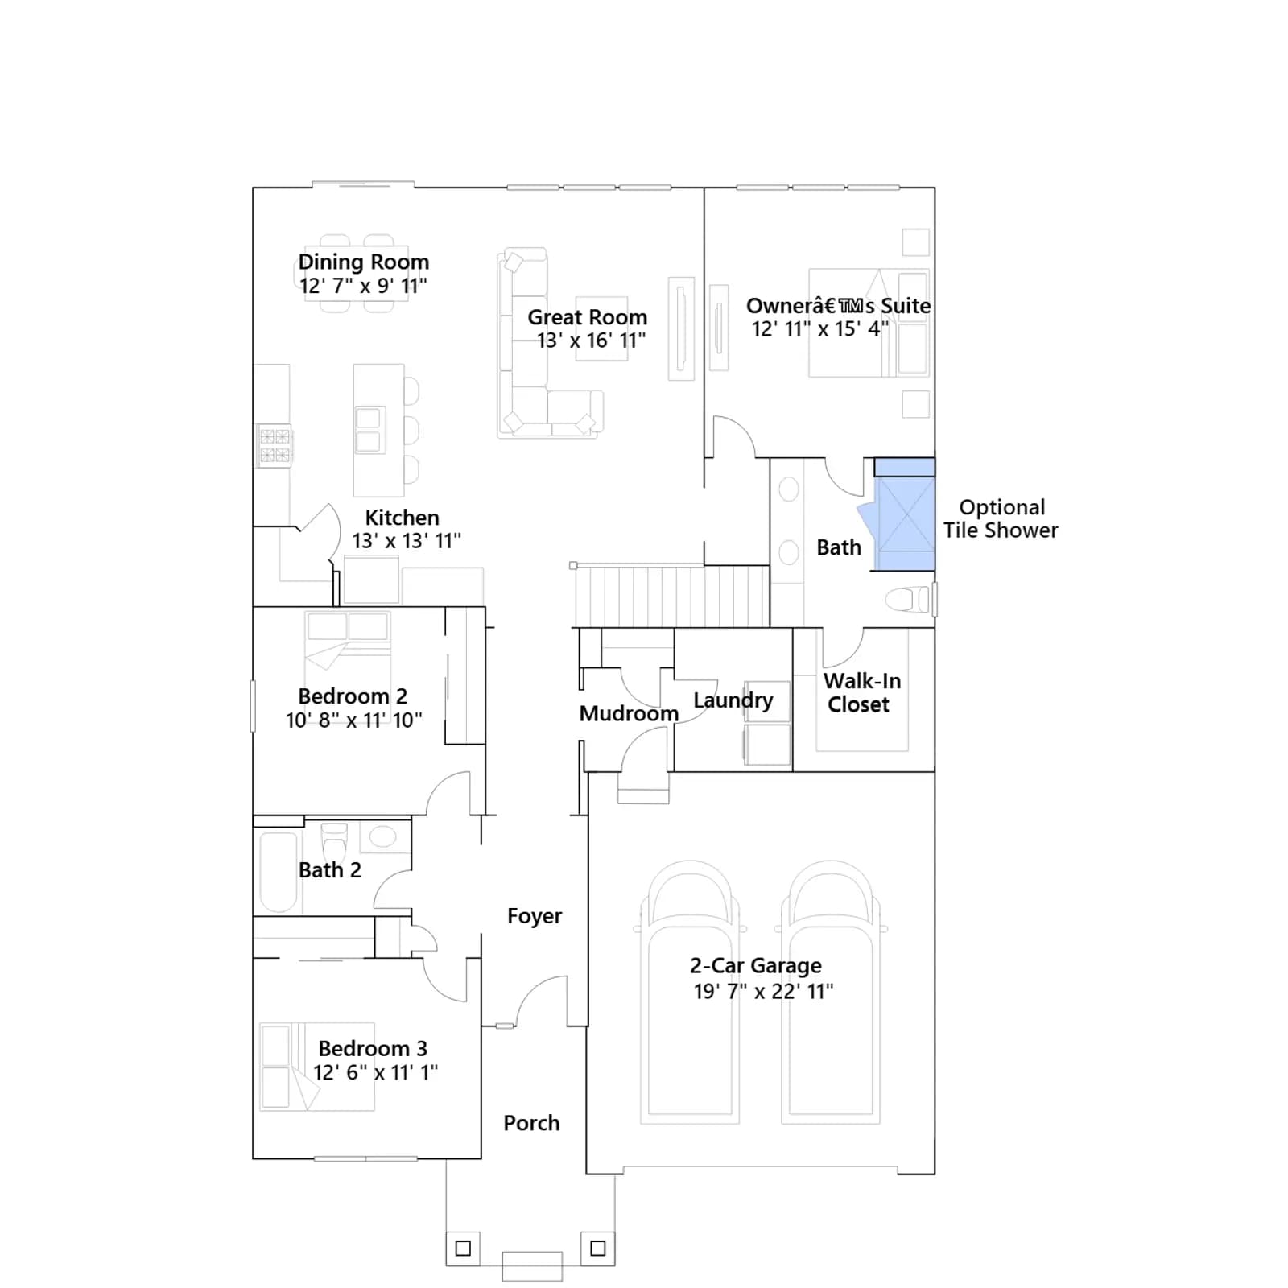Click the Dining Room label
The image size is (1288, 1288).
364,262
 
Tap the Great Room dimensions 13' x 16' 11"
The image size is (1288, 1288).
592,341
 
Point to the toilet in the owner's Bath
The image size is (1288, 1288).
907,600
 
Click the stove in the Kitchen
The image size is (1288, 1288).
275,446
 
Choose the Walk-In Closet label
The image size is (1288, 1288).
861,692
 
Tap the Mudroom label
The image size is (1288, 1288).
629,713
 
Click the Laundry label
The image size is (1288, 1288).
733,700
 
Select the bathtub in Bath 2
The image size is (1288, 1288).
279,872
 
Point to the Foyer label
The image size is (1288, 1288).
535,916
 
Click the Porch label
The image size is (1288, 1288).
531,1123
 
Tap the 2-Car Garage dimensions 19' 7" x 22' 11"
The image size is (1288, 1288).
764,992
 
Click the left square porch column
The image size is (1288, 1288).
463,1249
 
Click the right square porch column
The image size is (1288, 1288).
598,1249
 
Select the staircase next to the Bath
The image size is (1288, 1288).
671,596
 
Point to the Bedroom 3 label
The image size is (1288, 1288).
373,1048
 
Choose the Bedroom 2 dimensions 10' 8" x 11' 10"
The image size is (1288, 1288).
354,720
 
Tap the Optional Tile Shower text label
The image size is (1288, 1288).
1001,518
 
